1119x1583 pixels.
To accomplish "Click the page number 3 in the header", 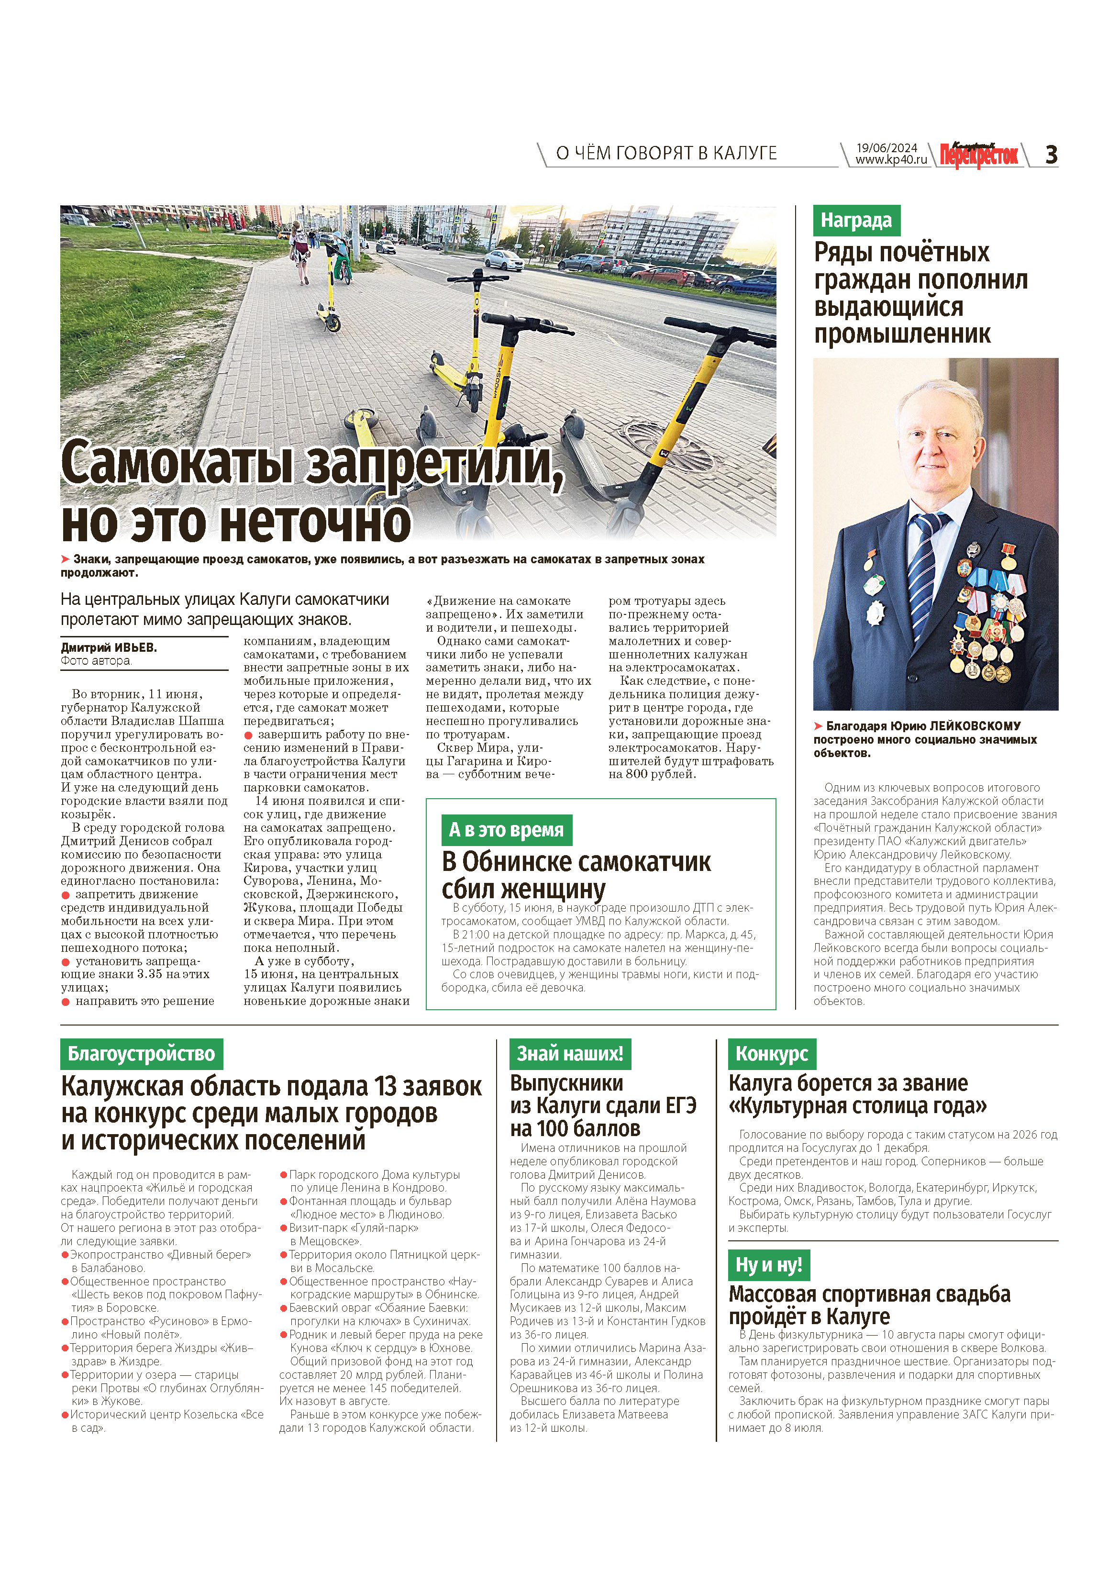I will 1051,155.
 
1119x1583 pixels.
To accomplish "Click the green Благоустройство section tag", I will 141,1053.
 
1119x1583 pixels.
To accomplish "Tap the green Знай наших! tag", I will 569,1053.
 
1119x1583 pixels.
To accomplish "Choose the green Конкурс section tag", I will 772,1053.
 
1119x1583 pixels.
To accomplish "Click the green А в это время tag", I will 506,830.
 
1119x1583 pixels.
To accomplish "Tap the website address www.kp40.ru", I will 891,160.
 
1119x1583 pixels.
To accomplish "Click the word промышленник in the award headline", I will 902,334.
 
